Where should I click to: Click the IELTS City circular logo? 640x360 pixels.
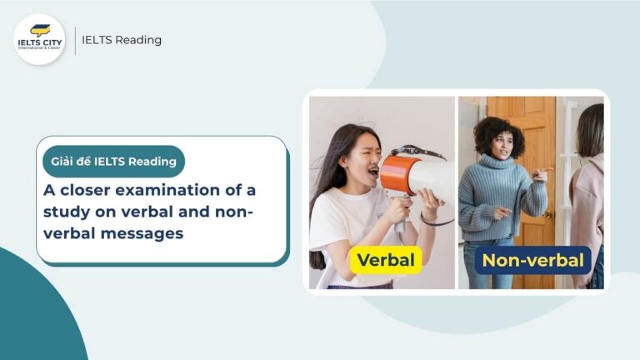point(39,39)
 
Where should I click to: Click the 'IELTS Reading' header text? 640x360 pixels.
point(122,40)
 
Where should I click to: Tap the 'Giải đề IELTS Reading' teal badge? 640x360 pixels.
point(113,161)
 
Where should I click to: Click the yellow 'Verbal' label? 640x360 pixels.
point(385,260)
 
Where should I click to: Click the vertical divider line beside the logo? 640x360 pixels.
point(75,40)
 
